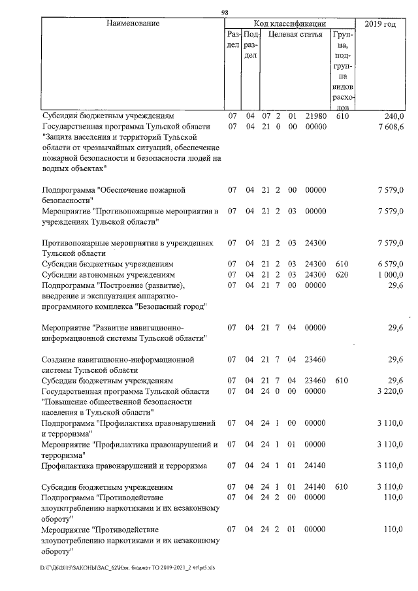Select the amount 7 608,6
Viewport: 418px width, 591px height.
coord(390,126)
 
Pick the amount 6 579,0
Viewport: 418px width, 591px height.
coord(390,264)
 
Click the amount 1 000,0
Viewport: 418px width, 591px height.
coord(390,275)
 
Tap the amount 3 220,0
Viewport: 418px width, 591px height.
coord(390,391)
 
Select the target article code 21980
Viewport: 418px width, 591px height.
coord(315,116)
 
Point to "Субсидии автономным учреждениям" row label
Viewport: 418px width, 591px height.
coord(108,275)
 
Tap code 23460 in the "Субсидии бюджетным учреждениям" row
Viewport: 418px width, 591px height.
coord(315,380)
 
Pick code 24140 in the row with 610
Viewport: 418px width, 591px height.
coord(315,487)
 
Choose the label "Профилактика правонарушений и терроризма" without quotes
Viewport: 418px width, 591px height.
coord(124,466)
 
